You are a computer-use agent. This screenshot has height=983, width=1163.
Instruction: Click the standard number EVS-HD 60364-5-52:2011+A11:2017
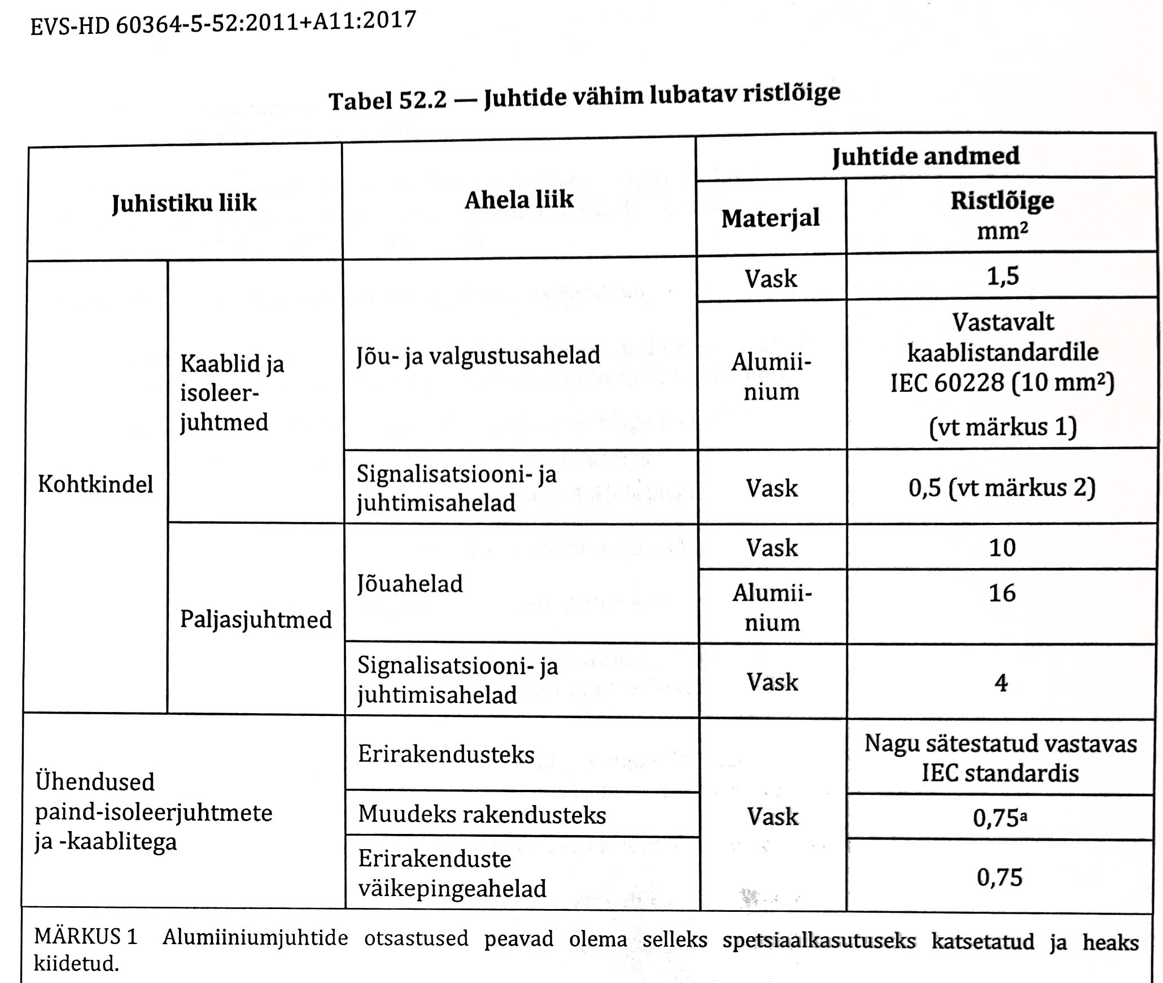point(223,24)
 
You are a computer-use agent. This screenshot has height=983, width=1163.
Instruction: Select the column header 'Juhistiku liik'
point(184,203)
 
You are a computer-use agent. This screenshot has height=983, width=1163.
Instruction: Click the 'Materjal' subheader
point(771,219)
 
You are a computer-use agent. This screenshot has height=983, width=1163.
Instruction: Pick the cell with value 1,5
point(1003,277)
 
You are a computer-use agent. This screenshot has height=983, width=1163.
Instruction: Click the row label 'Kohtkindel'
point(95,484)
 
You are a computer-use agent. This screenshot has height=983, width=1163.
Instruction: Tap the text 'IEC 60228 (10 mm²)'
point(1003,383)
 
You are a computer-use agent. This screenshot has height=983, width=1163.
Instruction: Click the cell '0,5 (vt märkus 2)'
point(1002,487)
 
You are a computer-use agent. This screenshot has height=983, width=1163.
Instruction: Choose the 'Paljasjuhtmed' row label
point(256,620)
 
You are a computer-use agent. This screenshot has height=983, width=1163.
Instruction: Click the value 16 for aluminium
point(1002,593)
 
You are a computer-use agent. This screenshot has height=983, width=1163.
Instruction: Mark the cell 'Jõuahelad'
point(410,584)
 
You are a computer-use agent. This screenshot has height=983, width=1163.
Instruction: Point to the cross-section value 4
point(1001,683)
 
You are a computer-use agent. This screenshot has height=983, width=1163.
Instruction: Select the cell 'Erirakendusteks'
point(446,755)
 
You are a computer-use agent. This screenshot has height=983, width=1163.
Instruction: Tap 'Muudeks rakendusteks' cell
point(482,815)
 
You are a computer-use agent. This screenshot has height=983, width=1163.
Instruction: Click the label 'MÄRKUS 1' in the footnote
point(86,937)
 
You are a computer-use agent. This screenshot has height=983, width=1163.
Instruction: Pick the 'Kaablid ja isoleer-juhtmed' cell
point(231,393)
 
